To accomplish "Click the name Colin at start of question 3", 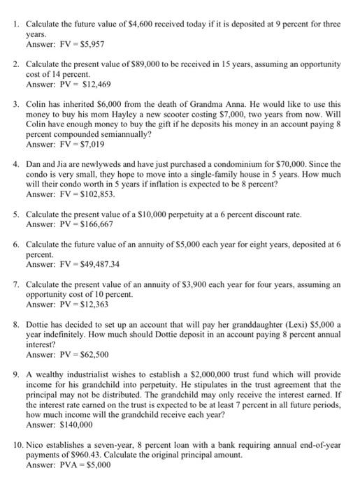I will coord(36,104).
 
